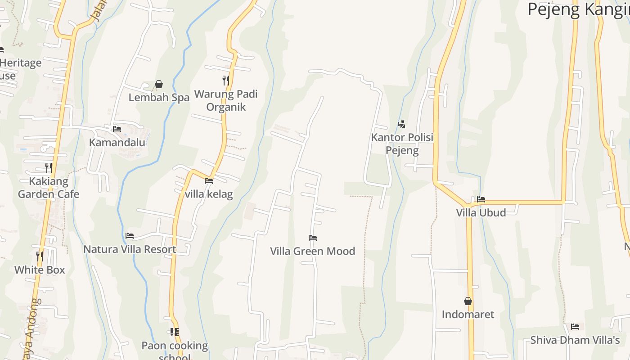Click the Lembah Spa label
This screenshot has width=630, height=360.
(159, 97)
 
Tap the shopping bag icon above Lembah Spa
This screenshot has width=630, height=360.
(159, 84)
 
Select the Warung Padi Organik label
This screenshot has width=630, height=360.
(226, 100)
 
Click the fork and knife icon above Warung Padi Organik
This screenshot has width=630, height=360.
(226, 81)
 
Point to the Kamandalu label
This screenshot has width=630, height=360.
(117, 142)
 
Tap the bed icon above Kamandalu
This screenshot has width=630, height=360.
(117, 129)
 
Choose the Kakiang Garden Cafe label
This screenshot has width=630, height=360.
(49, 188)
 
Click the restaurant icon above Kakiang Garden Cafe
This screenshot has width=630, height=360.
(49, 168)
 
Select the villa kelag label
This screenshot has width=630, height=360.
(209, 194)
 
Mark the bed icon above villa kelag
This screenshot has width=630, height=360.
(209, 181)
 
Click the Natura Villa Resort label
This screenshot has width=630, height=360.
(130, 249)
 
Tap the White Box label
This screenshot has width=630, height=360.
(40, 270)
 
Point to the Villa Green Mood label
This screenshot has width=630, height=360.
(313, 251)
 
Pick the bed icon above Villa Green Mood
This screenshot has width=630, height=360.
(313, 238)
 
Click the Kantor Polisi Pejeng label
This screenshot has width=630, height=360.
(402, 144)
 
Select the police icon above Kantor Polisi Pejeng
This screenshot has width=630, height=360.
(402, 124)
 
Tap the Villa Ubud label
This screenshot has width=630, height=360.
(481, 212)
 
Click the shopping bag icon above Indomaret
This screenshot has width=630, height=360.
(468, 301)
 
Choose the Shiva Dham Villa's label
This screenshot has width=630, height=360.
(575, 340)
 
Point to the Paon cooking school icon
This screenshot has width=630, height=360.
(175, 333)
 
